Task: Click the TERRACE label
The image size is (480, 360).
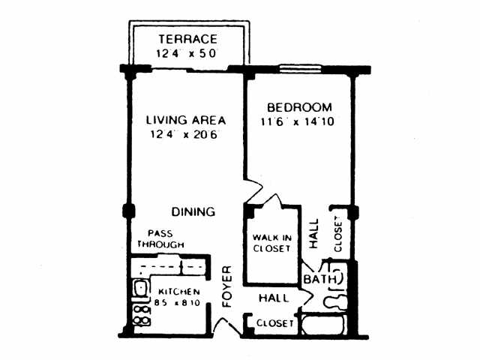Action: coord(187,39)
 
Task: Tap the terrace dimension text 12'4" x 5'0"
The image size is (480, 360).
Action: coord(186,53)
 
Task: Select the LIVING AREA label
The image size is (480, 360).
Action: coord(186,120)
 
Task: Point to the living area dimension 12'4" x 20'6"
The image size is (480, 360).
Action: coord(184,134)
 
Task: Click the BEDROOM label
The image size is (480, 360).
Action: coord(299,107)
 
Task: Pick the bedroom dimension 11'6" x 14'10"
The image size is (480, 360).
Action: coord(297,121)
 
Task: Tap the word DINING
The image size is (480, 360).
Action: coord(193,211)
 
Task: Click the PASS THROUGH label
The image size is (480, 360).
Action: coord(160,239)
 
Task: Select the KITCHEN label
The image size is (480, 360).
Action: coord(179,292)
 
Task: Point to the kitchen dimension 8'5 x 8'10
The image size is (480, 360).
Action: coord(177,303)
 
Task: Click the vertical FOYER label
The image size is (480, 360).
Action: coord(227,286)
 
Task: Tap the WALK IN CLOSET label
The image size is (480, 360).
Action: coord(271,243)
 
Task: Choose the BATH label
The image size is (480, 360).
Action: coord(320,279)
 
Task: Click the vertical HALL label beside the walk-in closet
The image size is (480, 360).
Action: coord(313,233)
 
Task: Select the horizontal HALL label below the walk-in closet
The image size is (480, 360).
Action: coord(273,298)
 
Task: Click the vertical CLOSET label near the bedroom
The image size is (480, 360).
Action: coord(337,234)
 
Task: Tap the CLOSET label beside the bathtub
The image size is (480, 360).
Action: coord(275,323)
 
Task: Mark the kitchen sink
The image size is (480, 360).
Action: coord(140,288)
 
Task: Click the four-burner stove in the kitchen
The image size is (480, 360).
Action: coord(142,316)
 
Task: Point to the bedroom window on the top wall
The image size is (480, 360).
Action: coord(300,69)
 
